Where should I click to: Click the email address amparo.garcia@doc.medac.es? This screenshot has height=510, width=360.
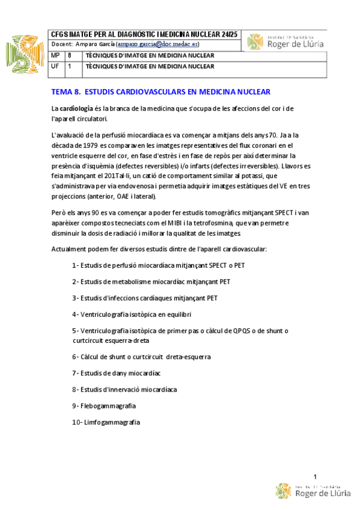(x=159, y=45)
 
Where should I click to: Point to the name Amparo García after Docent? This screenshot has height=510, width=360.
(x=95, y=45)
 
